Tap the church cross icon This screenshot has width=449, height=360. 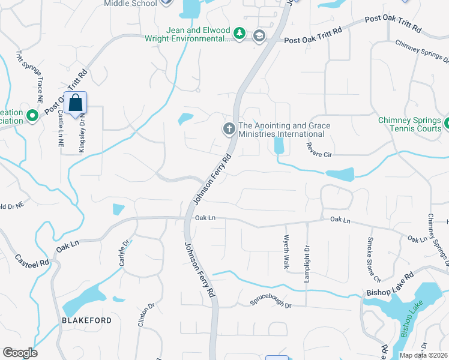[x=229, y=128]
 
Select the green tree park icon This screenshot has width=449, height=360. [x=240, y=33]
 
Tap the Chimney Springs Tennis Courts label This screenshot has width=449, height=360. [x=409, y=124]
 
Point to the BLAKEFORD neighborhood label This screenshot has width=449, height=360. [x=87, y=320]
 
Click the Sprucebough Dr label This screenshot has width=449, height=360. [x=271, y=305]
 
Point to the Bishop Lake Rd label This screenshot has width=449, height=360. [x=390, y=284]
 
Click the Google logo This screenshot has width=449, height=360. [x=20, y=352]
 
